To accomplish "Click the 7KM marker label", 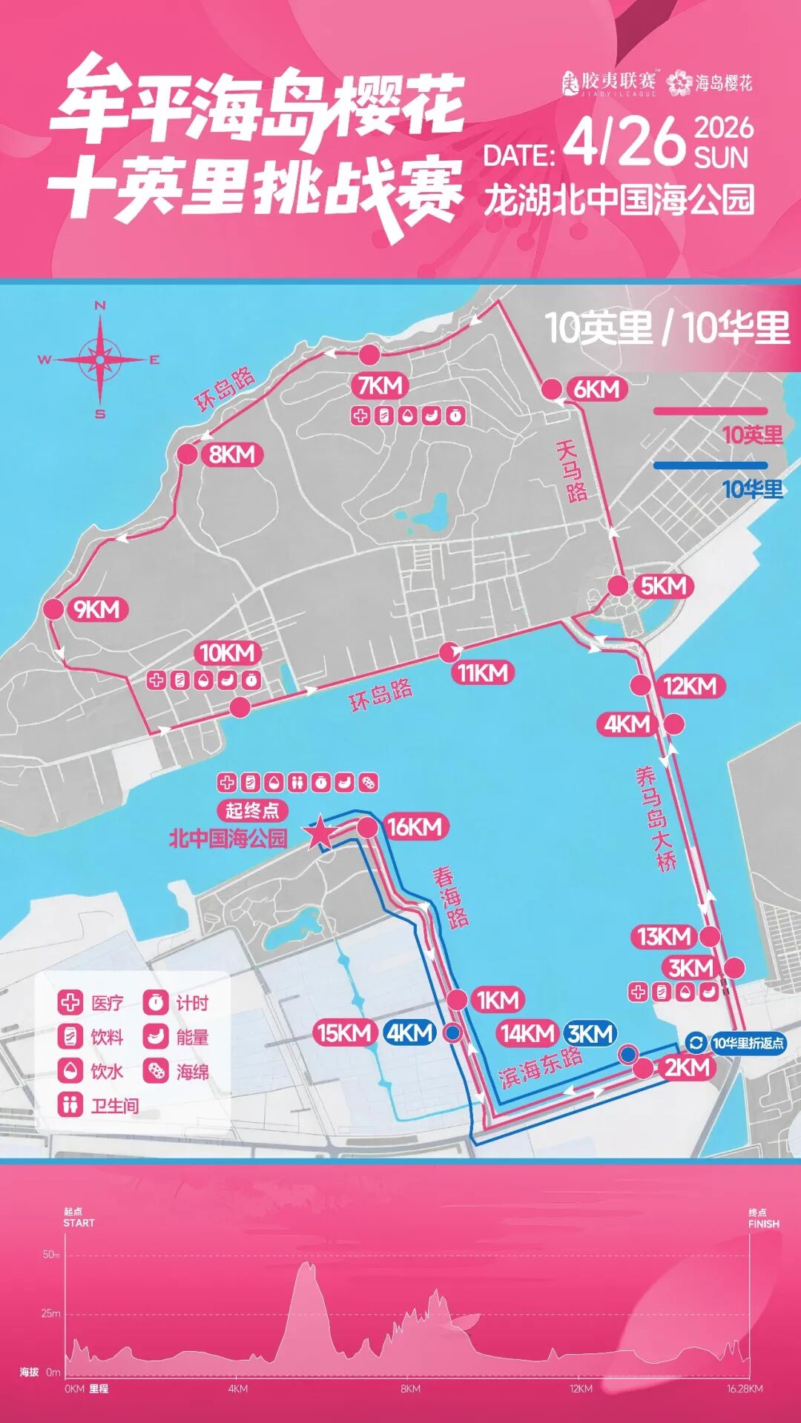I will tap(380, 385).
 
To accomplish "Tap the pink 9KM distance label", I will tap(96, 609).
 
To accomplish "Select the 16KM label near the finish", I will tap(414, 827).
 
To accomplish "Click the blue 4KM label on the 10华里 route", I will tap(409, 1032).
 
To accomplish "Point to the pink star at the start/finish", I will tap(320, 833).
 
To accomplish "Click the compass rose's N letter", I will tap(100, 305).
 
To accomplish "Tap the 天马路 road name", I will tap(571, 471).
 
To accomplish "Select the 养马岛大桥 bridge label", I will tap(656, 818).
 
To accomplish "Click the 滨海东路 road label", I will tap(540, 1068).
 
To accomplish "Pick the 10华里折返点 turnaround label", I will tap(747, 1043).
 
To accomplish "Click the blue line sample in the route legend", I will tap(710, 465).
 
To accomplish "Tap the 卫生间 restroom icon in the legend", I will tap(70, 1105).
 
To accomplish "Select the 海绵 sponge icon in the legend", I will tap(156, 1071).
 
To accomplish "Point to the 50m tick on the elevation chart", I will tap(50, 1255).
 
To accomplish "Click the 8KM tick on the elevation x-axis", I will tap(410, 1388).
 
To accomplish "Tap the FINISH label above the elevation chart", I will tap(763, 1224).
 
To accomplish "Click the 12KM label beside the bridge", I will tap(689, 686).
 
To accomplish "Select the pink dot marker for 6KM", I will tap(552, 389).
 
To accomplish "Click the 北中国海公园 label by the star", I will tap(228, 838).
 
